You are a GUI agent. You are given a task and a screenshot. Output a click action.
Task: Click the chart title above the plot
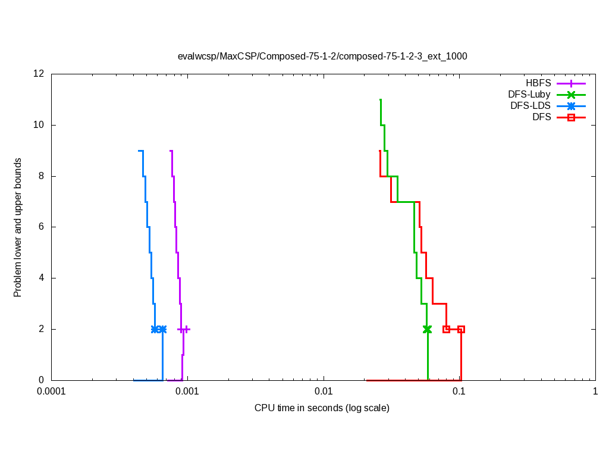[x=322, y=57]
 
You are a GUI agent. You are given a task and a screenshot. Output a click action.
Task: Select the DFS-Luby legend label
[x=529, y=95]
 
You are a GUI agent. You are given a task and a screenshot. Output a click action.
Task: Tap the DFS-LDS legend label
[x=530, y=106]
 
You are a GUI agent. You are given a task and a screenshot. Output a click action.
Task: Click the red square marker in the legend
[x=571, y=118]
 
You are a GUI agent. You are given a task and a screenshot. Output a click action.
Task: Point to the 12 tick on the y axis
[x=39, y=74]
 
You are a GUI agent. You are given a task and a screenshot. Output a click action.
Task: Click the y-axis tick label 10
[x=39, y=125]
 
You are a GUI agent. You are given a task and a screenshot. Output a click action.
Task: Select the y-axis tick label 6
[x=42, y=227]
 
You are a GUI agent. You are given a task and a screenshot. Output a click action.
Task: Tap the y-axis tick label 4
[x=42, y=278]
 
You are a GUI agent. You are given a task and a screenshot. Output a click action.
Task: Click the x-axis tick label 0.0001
[x=51, y=392]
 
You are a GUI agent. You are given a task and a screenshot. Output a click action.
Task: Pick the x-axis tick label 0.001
[x=187, y=392]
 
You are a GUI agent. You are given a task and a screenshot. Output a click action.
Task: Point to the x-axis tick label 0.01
[x=324, y=392]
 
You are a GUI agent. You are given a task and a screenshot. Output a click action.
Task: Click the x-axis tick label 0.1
[x=459, y=392]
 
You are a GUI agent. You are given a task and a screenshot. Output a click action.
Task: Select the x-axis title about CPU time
[x=322, y=408]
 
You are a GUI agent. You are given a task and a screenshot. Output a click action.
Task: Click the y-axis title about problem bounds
[x=18, y=227]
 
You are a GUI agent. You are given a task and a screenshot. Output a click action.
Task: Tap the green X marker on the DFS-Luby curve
[x=427, y=329]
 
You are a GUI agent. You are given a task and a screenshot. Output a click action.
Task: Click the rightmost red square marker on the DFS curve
[x=461, y=329]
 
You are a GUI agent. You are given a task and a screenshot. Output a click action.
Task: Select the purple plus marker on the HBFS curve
[x=187, y=329]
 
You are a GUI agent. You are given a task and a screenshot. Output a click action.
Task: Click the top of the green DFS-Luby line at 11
[x=380, y=100]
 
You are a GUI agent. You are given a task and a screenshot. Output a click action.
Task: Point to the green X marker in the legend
[x=571, y=95]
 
